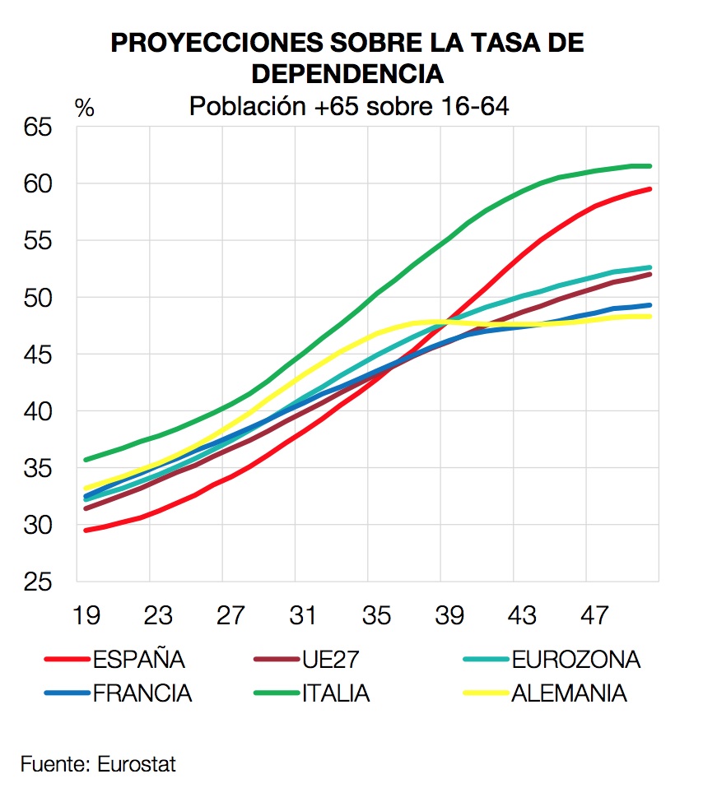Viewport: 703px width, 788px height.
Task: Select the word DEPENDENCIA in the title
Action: pyautogui.click(x=347, y=74)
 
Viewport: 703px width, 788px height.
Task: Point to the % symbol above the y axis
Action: pyautogui.click(x=85, y=109)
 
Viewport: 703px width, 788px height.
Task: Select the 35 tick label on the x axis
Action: pyautogui.click(x=376, y=615)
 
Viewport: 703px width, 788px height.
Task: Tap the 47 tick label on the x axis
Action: pyautogui.click(x=594, y=615)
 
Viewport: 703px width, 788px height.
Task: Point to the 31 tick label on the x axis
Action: pyautogui.click(x=303, y=615)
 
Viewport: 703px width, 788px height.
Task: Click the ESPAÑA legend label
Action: pyautogui.click(x=139, y=660)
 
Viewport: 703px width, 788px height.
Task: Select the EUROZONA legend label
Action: pyautogui.click(x=575, y=660)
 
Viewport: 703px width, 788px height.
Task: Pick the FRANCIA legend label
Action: pyautogui.click(x=142, y=693)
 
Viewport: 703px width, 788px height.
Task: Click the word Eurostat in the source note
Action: pyautogui.click(x=137, y=764)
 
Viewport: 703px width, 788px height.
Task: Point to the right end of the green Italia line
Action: pyautogui.click(x=650, y=166)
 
